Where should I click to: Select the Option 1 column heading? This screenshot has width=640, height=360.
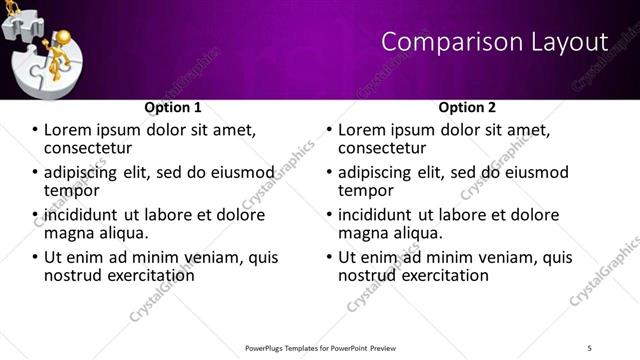(x=173, y=107)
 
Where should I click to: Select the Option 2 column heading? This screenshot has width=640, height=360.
(x=467, y=107)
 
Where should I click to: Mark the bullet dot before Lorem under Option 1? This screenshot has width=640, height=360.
(x=34, y=131)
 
